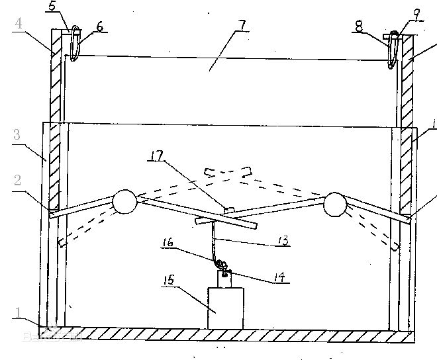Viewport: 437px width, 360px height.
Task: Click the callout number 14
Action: point(281,279)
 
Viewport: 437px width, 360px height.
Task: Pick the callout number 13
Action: point(283,242)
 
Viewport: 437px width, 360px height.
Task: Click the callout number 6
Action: point(99,26)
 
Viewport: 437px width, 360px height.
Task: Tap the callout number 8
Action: point(358,27)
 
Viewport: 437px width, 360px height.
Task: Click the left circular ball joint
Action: point(124,201)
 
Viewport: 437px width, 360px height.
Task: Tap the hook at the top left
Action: point(75,44)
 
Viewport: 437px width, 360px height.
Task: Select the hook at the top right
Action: point(394,48)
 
